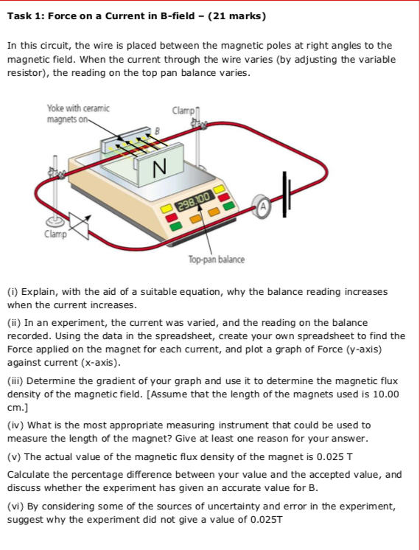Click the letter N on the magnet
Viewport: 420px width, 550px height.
tap(158, 169)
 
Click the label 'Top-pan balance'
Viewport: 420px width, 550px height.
tap(217, 260)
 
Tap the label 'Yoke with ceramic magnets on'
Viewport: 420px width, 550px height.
tap(77, 114)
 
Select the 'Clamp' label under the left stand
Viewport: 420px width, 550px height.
tap(55, 235)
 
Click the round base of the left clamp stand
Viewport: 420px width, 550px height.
tap(55, 220)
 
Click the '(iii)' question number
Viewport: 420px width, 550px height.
tap(16, 381)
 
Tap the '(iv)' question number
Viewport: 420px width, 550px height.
tap(15, 425)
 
